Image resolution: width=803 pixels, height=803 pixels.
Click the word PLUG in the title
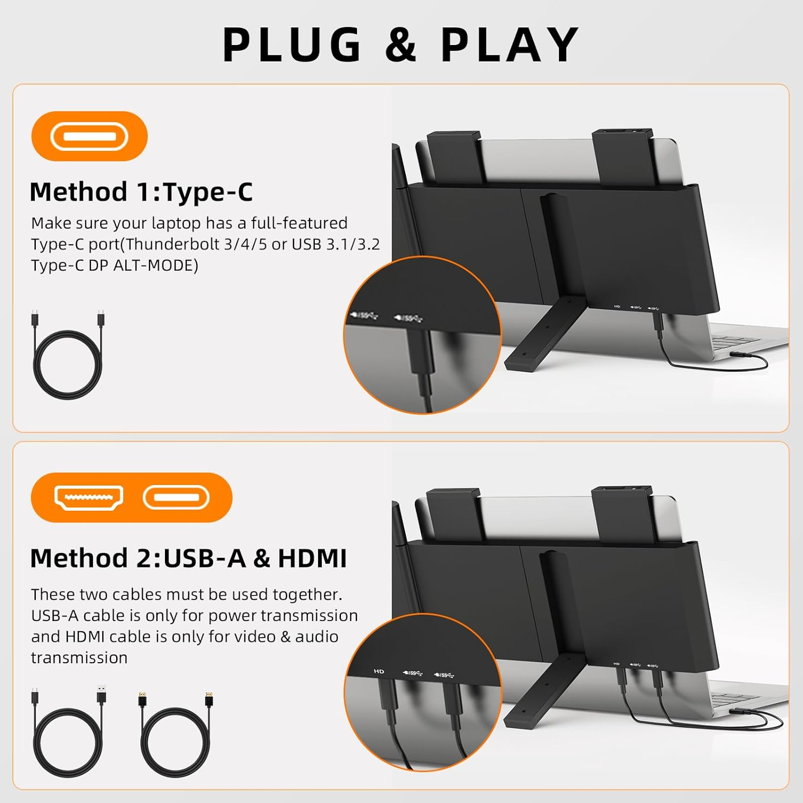pyautogui.click(x=292, y=45)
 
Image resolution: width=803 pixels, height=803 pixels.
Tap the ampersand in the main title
pyautogui.click(x=400, y=45)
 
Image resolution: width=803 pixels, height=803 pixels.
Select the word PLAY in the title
pyautogui.click(x=510, y=45)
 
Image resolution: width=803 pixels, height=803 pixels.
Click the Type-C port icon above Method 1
pyautogui.click(x=89, y=137)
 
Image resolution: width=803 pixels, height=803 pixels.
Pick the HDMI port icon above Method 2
pyautogui.click(x=89, y=498)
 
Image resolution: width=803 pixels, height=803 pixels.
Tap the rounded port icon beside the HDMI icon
pyautogui.click(x=176, y=498)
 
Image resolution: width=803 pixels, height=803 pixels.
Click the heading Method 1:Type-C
pyautogui.click(x=141, y=192)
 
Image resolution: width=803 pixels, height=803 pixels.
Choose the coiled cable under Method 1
pyautogui.click(x=67, y=356)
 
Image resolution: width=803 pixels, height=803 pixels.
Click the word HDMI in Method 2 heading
pyautogui.click(x=312, y=558)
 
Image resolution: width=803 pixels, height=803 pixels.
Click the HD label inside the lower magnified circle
pyautogui.click(x=379, y=671)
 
